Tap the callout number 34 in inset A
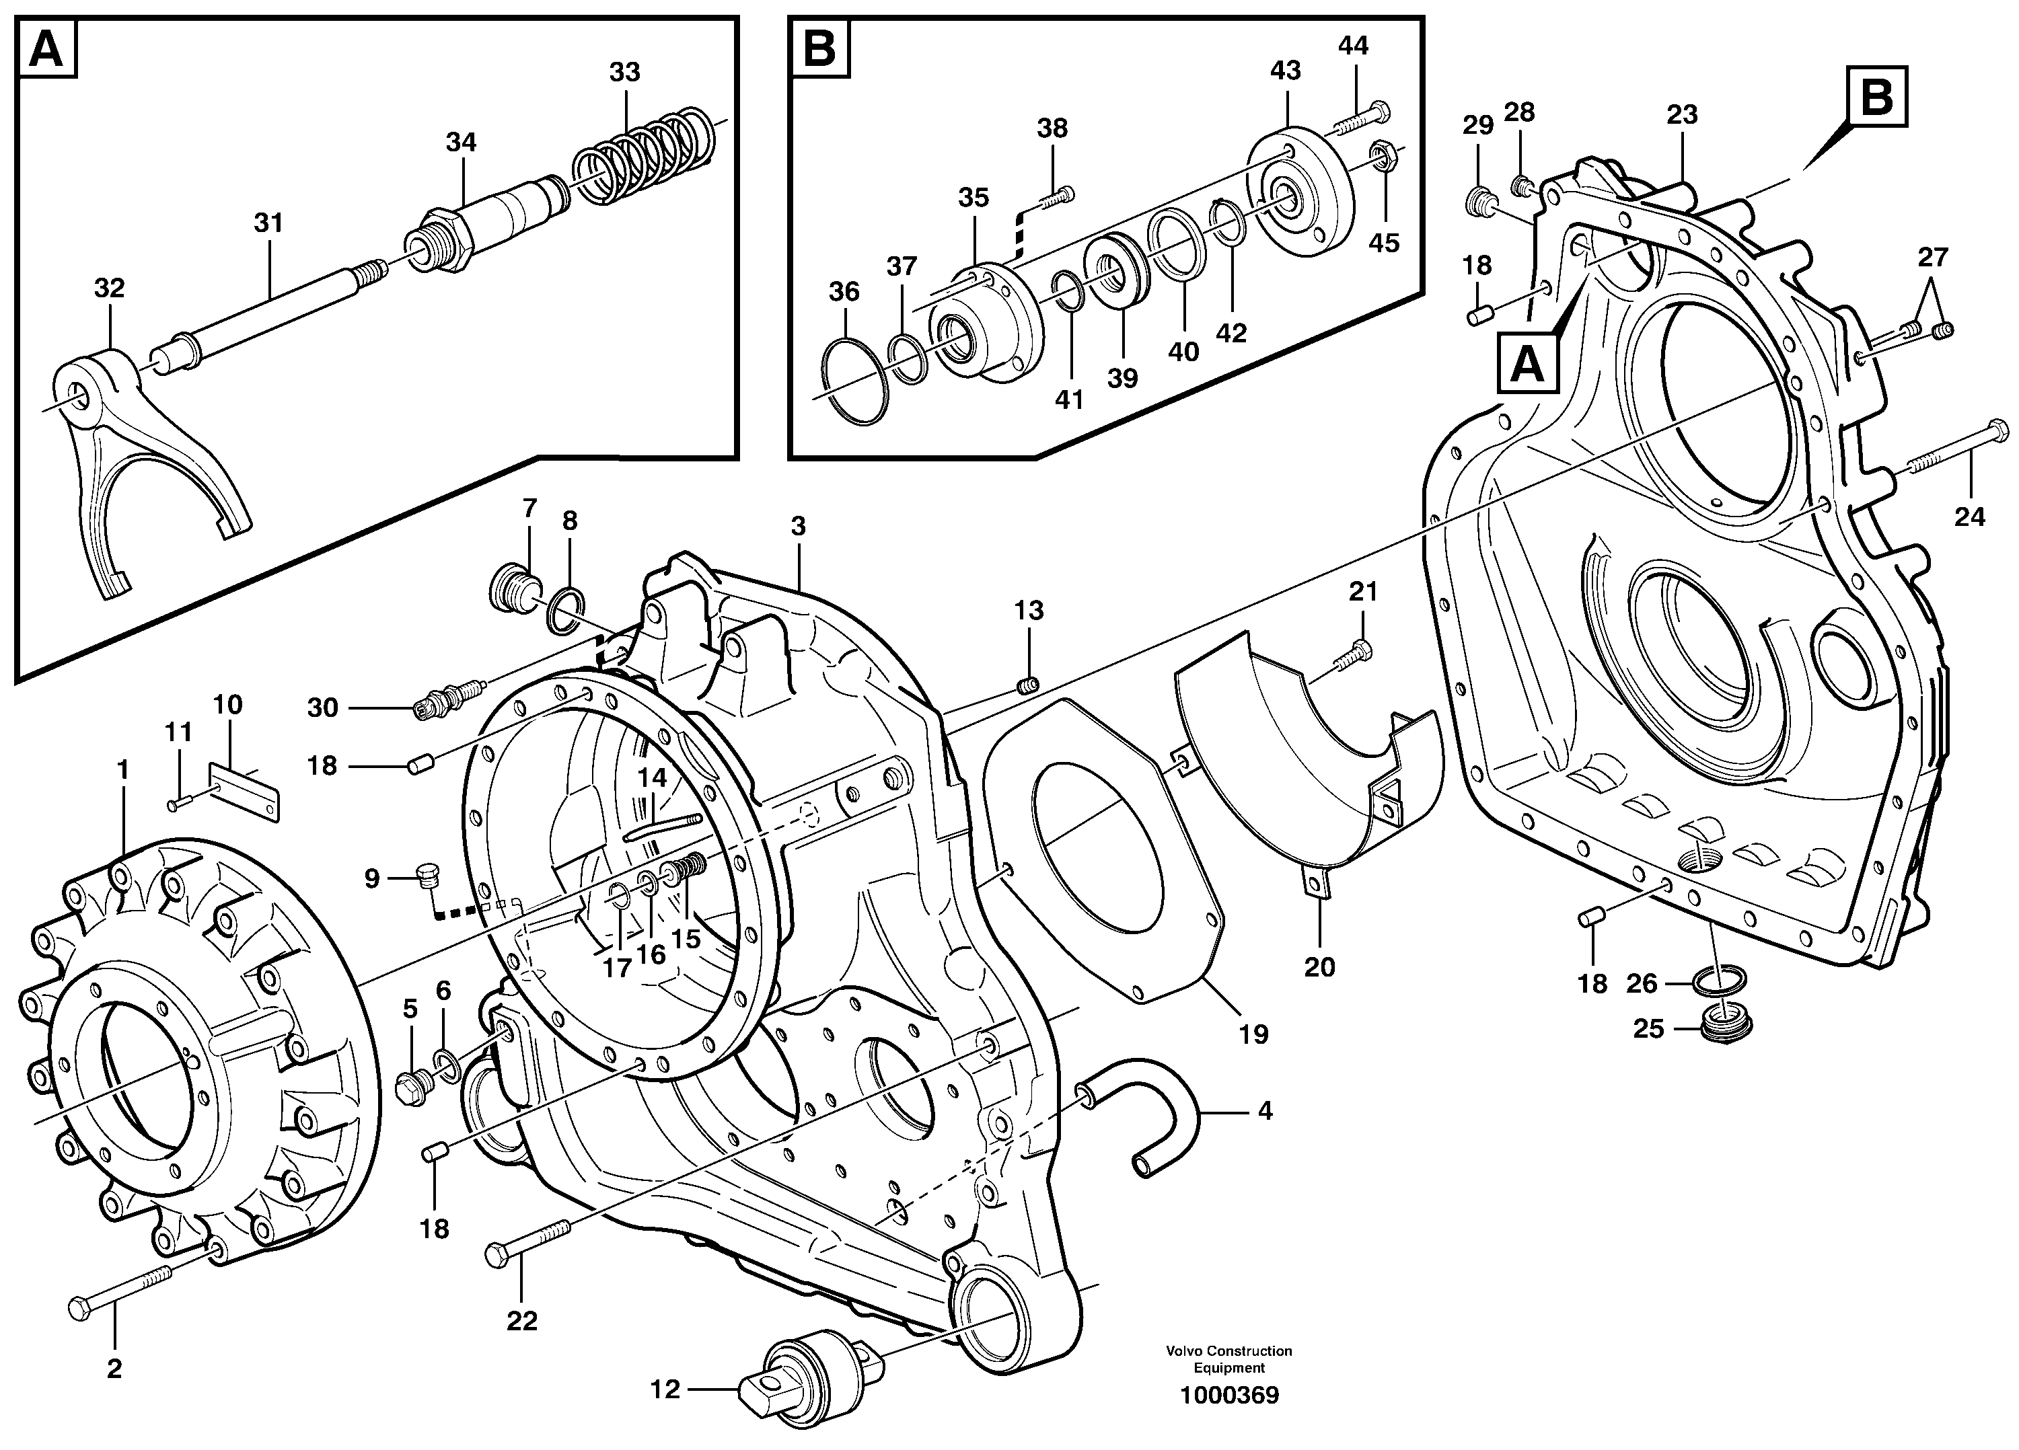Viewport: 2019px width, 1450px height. click(x=461, y=143)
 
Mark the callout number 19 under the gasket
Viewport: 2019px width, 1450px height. click(x=1253, y=1034)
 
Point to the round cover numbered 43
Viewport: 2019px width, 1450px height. click(x=1300, y=196)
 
